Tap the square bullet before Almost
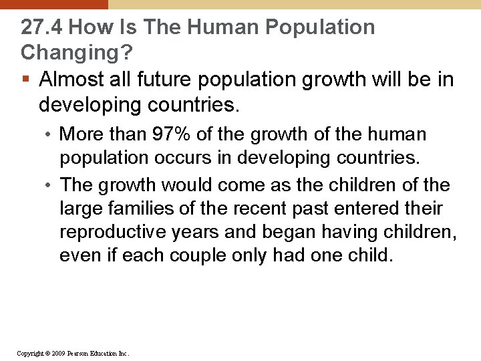25,80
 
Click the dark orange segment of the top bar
53,4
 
